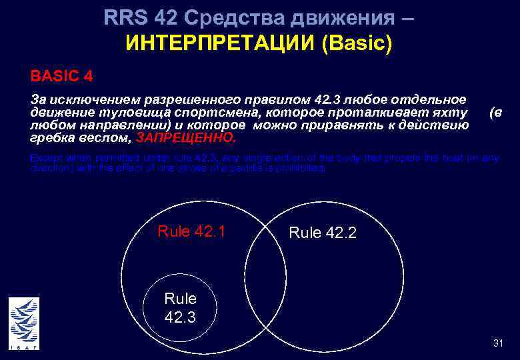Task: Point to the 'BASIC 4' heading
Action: pyautogui.click(x=61, y=75)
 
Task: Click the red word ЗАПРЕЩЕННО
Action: pyautogui.click(x=185, y=138)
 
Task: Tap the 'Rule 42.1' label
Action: pyautogui.click(x=191, y=231)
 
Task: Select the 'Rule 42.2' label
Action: pyautogui.click(x=323, y=233)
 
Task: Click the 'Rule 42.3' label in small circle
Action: pyautogui.click(x=180, y=307)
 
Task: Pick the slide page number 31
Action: pyautogui.click(x=497, y=343)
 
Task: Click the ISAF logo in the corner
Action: pyautogui.click(x=24, y=323)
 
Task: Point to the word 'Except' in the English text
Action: pyautogui.click(x=44, y=158)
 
